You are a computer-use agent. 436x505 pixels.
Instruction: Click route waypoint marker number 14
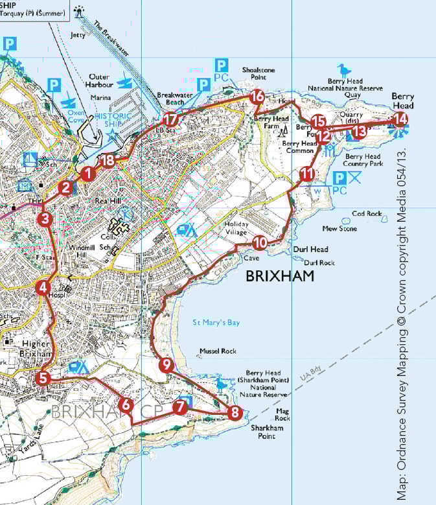click(x=400, y=119)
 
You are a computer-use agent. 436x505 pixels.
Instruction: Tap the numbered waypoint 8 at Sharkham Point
click(x=235, y=412)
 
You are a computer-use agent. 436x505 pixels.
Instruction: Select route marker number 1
click(x=88, y=173)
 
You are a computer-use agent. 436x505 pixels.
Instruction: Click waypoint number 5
click(x=43, y=378)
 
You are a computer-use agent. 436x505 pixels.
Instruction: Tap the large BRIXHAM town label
click(x=280, y=276)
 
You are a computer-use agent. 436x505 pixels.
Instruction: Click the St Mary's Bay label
click(x=216, y=322)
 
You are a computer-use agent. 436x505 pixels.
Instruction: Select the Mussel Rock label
click(x=219, y=351)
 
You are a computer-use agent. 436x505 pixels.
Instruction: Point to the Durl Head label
click(x=310, y=249)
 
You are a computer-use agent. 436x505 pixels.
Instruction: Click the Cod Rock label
click(x=367, y=213)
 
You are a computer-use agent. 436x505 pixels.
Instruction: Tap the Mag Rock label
click(x=282, y=415)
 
